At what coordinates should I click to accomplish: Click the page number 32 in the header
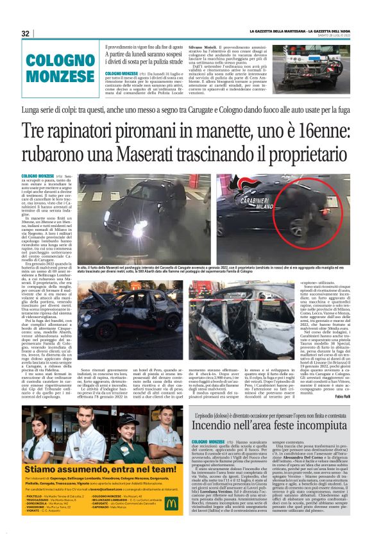tap(26, 33)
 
